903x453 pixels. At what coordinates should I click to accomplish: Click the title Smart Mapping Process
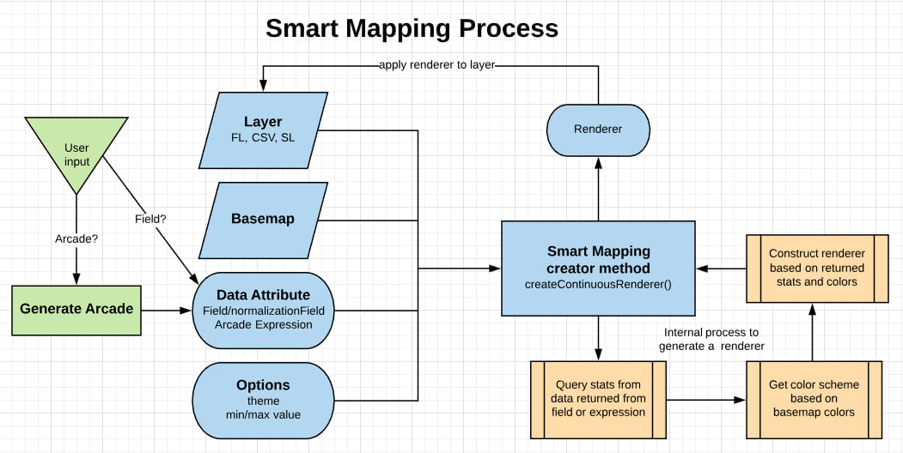pos(412,28)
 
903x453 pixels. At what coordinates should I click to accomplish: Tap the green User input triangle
pos(77,151)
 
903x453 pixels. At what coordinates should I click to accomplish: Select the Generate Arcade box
pos(76,308)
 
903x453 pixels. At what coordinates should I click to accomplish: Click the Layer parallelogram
pos(263,130)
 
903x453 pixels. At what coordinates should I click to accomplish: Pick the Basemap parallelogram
pos(263,219)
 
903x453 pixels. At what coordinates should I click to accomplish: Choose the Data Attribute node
pos(263,309)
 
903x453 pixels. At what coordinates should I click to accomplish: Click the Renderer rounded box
pos(598,130)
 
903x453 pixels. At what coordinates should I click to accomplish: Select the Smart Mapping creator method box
pos(598,268)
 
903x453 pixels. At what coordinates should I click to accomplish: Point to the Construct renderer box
pos(816,268)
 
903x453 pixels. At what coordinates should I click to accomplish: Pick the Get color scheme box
pos(815,398)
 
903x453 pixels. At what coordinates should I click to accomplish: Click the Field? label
pos(150,219)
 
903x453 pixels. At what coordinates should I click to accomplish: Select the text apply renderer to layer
pos(436,64)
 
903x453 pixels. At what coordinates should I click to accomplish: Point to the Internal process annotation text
pos(711,339)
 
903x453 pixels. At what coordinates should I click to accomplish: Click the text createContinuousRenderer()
pos(598,283)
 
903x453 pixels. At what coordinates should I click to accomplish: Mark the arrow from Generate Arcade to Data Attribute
pos(168,309)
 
